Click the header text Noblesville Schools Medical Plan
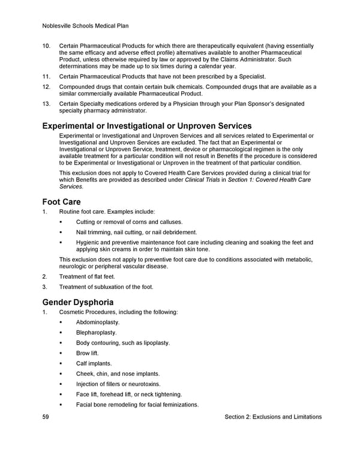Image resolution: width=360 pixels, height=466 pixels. coord(86,26)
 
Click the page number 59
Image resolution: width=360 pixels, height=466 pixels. coord(46,417)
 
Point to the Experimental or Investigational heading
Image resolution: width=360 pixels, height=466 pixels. coord(146,126)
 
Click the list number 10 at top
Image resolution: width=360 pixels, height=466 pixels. coord(46,46)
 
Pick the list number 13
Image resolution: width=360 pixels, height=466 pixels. coord(46,104)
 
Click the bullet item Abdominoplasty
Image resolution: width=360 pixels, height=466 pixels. coord(98,322)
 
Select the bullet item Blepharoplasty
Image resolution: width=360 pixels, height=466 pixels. coord(97,333)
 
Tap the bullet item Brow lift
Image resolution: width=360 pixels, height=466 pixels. coord(88,353)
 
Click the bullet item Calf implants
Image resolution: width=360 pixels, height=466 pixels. coord(94,363)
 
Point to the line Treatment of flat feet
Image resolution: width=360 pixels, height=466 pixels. coord(87,276)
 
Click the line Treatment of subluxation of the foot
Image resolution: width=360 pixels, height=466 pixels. coord(106,286)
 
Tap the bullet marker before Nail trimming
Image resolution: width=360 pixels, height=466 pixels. coord(62,232)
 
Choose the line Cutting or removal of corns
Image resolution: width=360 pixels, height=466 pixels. coord(129,222)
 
